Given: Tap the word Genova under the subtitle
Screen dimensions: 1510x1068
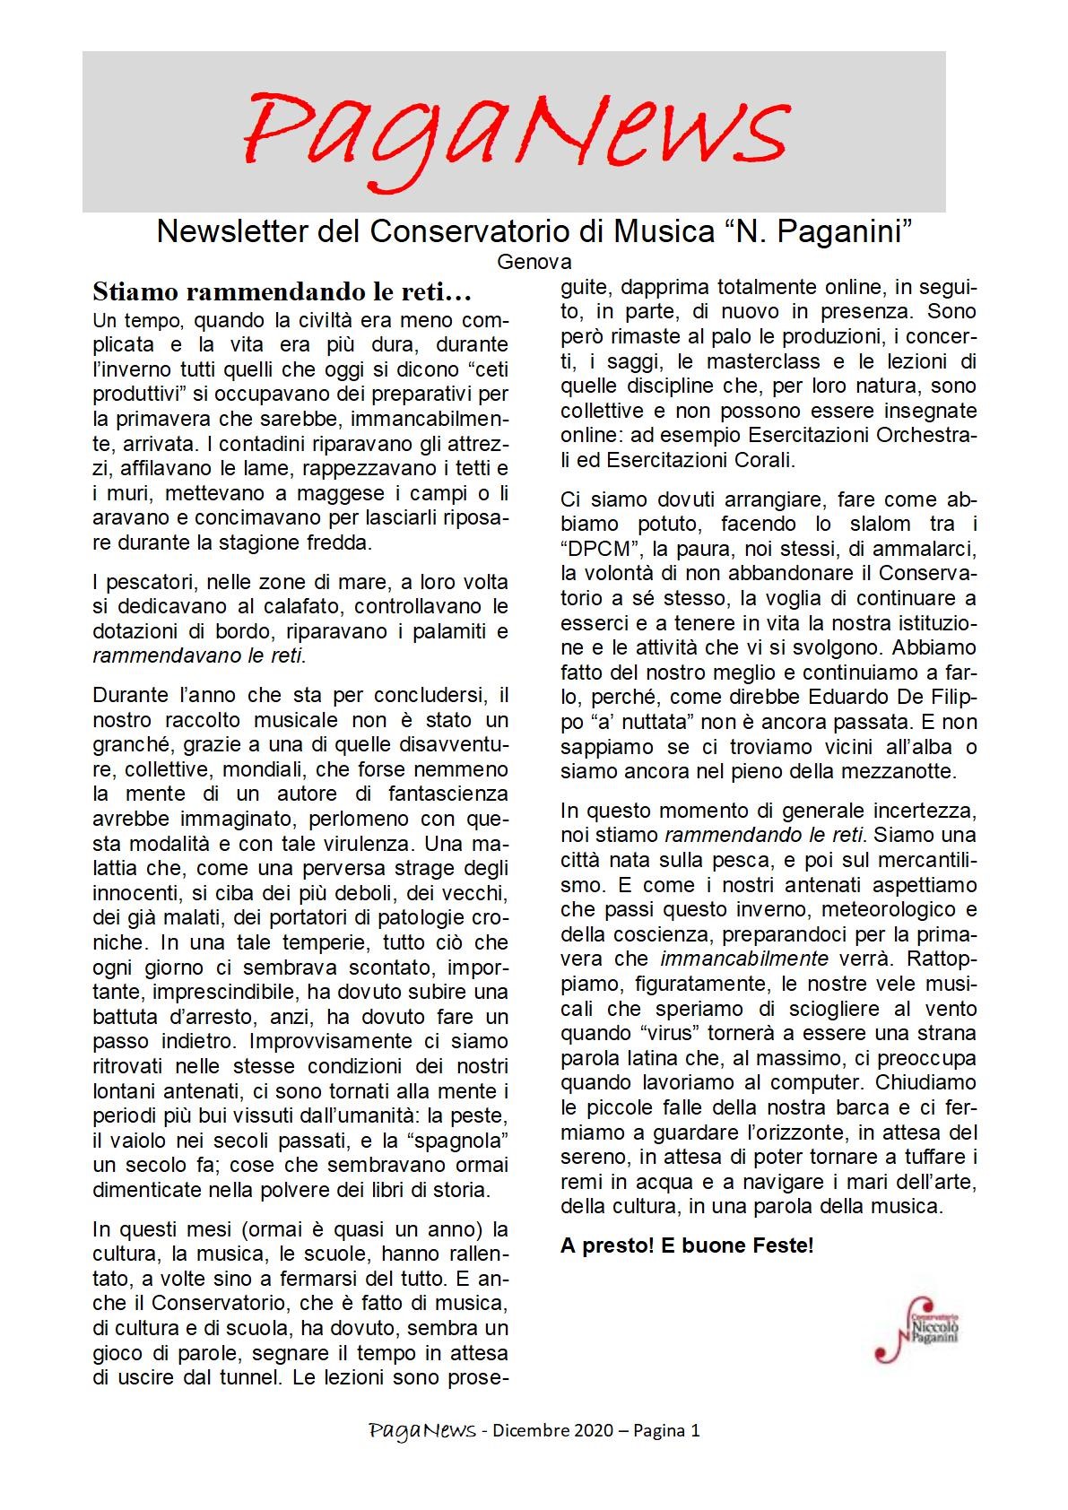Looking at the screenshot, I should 534,263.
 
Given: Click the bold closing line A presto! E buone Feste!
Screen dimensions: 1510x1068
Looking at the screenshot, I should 687,1245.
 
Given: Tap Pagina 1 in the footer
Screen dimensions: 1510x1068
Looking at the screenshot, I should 665,1431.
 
